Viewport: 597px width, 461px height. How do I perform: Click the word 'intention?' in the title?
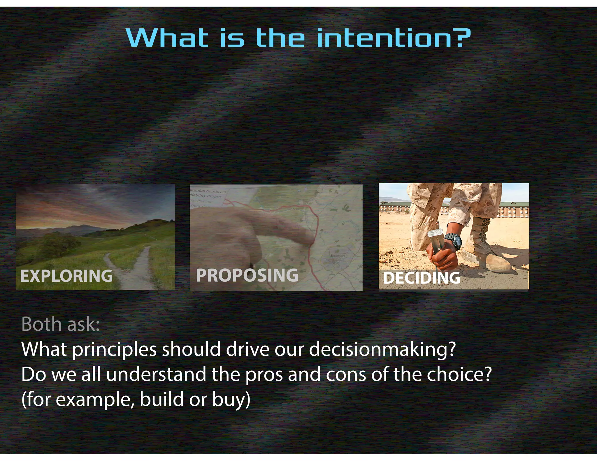394,38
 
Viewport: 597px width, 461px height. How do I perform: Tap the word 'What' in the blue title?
167,38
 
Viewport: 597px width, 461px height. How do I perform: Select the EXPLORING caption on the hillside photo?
66,276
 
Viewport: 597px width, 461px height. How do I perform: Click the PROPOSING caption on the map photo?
247,275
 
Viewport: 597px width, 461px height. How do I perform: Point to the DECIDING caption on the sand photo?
422,278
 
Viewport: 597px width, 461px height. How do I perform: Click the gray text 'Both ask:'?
61,324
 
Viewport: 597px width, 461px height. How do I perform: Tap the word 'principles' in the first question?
114,349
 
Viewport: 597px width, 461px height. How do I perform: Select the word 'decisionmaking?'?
382,349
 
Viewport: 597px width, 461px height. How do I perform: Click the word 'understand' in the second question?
156,374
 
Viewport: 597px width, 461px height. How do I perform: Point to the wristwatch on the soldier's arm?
454,240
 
